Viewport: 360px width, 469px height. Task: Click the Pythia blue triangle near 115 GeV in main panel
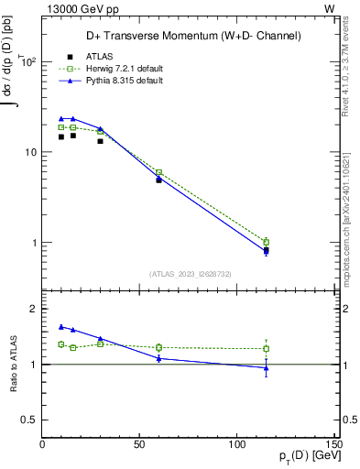266,251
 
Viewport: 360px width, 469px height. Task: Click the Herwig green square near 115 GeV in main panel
266,242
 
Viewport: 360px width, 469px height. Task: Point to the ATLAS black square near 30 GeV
101,141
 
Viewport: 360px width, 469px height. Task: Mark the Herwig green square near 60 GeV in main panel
159,172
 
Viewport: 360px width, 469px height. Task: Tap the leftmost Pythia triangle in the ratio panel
61,326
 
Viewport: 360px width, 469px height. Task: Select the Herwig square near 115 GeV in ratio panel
266,348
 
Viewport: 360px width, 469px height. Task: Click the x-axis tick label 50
140,444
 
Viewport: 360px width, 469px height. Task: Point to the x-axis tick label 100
237,444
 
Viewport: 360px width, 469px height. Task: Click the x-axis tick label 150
333,444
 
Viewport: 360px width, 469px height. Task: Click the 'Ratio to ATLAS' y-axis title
13,364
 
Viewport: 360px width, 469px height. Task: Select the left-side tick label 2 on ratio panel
34,309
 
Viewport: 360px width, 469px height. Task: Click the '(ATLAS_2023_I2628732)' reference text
189,272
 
